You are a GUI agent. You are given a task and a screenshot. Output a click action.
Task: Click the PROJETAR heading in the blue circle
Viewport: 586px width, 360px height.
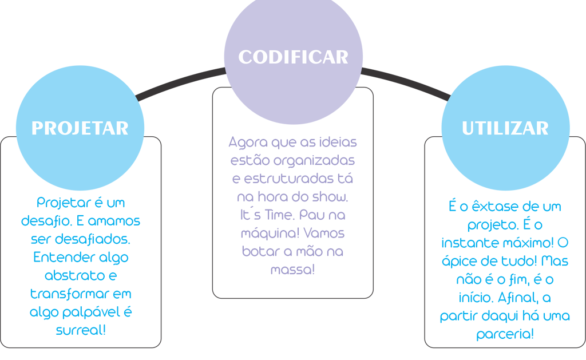(80, 128)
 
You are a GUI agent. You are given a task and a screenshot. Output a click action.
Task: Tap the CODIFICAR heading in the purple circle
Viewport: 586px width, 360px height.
(293, 57)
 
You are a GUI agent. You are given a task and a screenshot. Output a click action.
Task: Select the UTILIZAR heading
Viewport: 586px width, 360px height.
(505, 128)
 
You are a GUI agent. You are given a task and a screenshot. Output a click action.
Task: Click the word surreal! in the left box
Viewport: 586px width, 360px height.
(81, 330)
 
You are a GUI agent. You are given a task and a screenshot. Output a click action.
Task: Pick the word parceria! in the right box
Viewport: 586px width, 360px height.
(505, 334)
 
